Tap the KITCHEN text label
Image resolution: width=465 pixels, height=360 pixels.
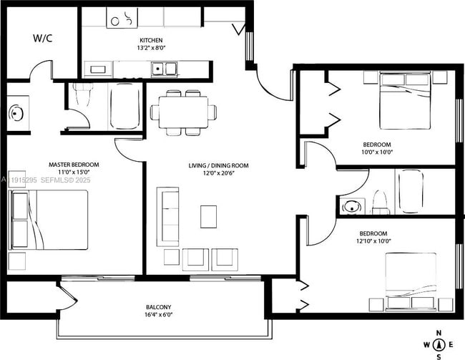tap(150, 40)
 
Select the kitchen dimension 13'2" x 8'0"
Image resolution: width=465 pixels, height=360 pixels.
tap(150, 49)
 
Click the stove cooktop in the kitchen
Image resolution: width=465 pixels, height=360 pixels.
tap(122, 18)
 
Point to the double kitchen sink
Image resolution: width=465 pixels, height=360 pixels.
tap(165, 69)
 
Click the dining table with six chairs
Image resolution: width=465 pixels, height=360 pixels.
tap(183, 112)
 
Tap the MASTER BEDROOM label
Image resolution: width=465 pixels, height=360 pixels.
tap(74, 165)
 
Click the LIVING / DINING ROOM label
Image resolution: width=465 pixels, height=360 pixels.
tap(218, 165)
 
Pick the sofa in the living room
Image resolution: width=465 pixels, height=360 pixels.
tap(168, 217)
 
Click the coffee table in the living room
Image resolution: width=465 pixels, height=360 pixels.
tap(208, 216)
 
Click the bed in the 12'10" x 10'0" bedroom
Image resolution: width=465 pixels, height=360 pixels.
tap(411, 281)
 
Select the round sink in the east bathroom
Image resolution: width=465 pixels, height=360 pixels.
tap(351, 207)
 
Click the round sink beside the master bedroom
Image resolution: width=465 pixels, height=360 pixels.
tap(17, 113)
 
